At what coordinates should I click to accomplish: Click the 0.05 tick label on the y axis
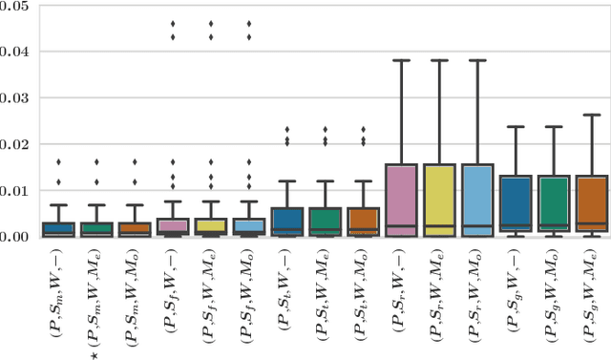[x=13, y=7]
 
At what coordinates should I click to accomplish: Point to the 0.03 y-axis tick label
[x=13, y=98]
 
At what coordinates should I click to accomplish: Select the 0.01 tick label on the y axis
[x=13, y=191]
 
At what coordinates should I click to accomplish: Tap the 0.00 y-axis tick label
[x=13, y=236]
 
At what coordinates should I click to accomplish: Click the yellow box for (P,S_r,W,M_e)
[x=439, y=200]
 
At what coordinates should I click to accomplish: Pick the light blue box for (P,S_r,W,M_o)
[x=476, y=200]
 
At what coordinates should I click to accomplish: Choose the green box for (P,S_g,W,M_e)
[x=553, y=205]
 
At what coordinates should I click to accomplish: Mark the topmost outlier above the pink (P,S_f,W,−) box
[x=173, y=23]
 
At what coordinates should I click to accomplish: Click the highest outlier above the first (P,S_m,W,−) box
[x=58, y=162]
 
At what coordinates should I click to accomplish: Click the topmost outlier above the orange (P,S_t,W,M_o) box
[x=363, y=129]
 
